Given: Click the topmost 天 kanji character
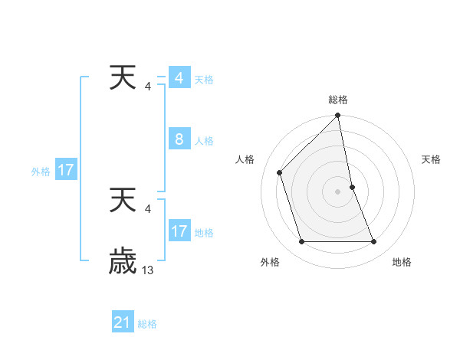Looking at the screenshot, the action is [123, 80].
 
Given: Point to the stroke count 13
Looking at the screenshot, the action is [148, 270].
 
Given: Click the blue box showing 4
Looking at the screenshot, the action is [179, 78].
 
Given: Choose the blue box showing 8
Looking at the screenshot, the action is [179, 139].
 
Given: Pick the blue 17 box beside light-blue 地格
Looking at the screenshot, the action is [179, 231].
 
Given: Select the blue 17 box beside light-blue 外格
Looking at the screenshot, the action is [66, 170].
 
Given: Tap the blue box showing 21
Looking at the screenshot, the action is [123, 322].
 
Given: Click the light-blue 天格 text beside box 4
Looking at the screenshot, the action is [204, 80].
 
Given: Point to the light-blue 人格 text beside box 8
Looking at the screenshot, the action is [204, 141].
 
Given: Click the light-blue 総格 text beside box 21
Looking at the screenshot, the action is [147, 324].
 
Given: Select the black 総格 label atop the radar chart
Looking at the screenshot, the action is [338, 100].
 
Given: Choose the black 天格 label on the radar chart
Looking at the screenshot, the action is [431, 159].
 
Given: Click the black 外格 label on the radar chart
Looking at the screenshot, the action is [270, 262].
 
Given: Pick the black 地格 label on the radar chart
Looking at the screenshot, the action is [402, 262].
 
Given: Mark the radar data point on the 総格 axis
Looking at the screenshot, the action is [338, 116].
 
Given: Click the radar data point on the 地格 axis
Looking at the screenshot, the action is [374, 242].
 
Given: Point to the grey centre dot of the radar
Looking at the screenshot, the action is [338, 191].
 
